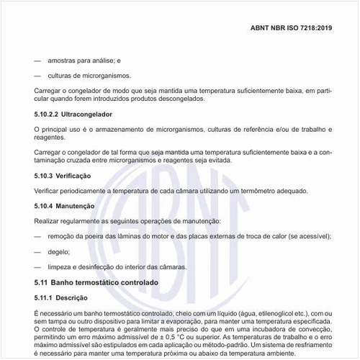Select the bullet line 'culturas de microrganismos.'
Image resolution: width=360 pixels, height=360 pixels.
[x=89, y=76]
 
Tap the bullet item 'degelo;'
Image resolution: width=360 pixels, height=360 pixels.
[x=59, y=251]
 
